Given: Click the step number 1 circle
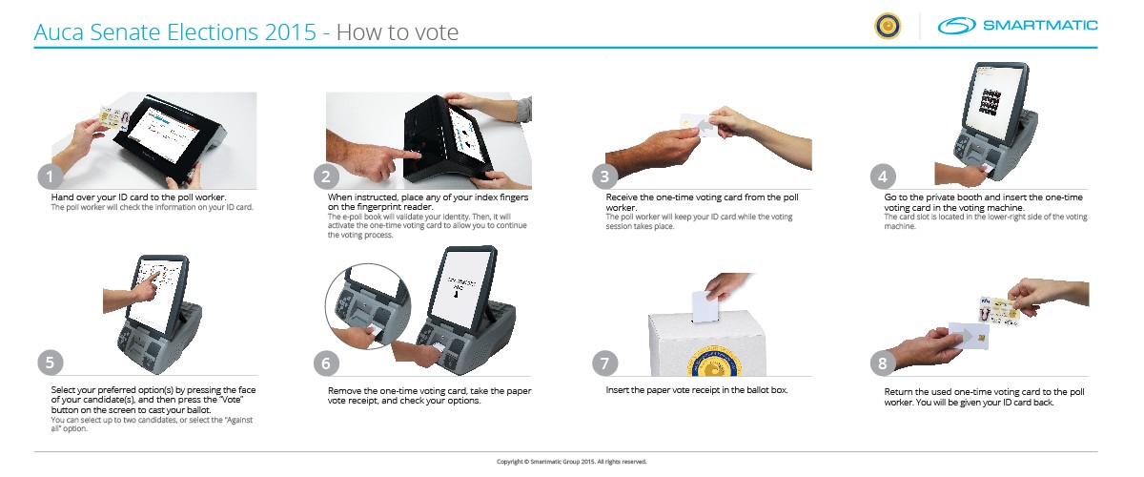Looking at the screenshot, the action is (50, 176).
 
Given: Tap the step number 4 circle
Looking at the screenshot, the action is (883, 176).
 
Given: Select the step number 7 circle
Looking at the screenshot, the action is (604, 363).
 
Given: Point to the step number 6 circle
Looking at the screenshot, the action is (326, 363).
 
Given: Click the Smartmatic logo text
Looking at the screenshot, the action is (1040, 25).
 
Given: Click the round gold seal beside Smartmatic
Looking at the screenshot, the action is (888, 26).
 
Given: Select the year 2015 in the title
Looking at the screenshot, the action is (291, 32).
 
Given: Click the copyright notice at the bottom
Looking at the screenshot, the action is (571, 462).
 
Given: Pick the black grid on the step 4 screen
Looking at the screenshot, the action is (991, 102).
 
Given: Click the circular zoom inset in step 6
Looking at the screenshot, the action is (368, 306).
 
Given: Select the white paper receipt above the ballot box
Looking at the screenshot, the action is (705, 306).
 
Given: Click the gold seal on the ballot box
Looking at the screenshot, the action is (714, 362).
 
